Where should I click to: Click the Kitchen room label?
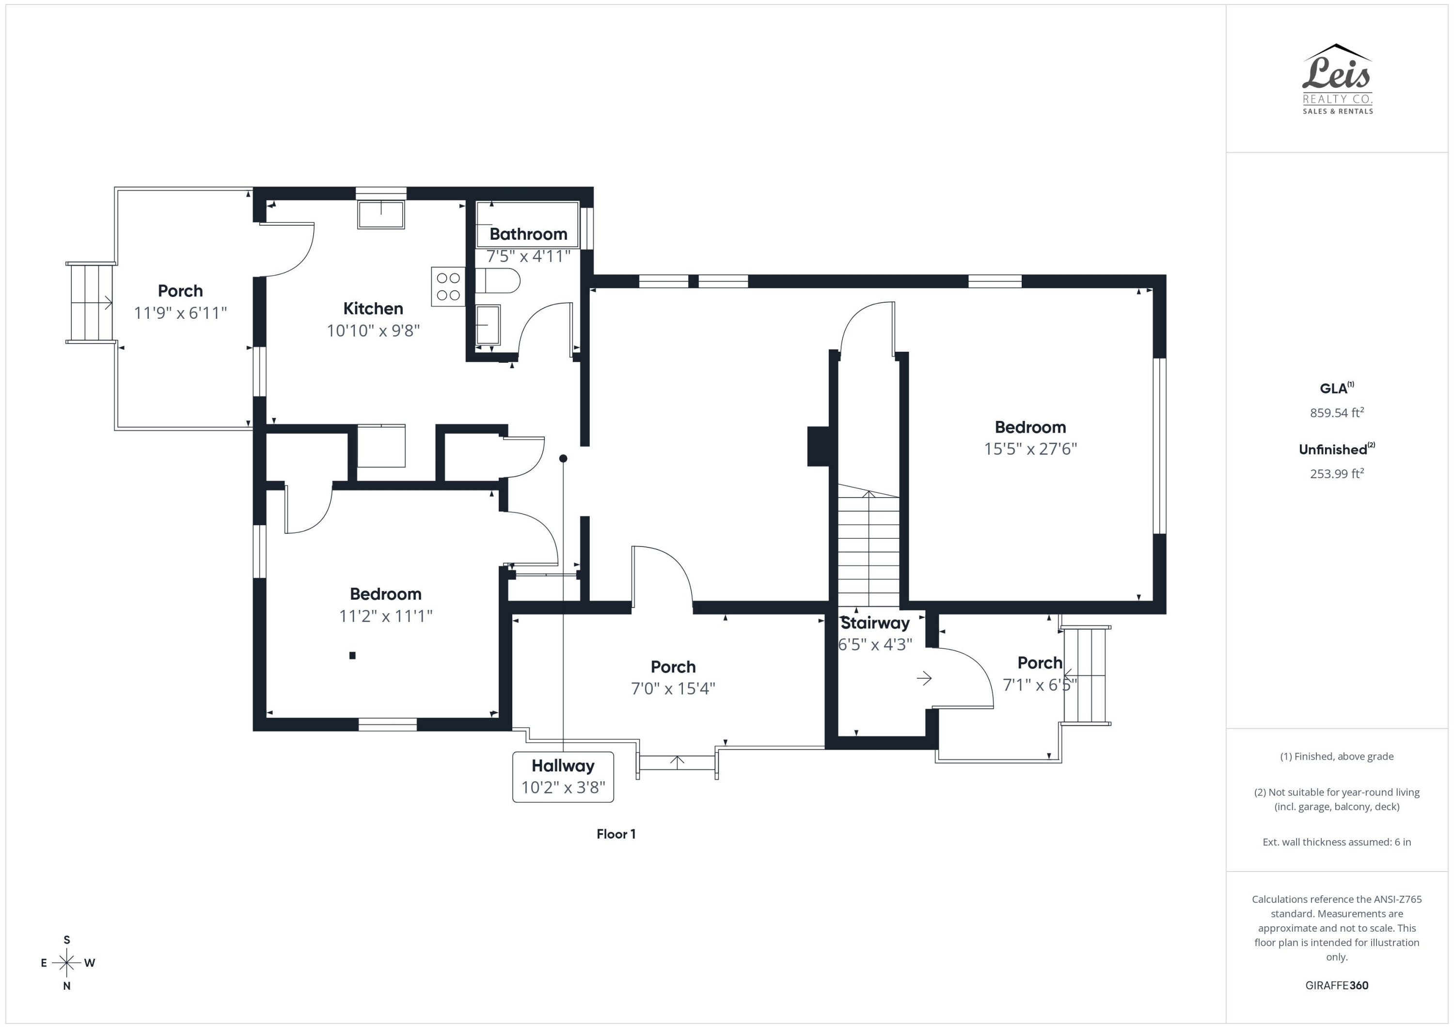click(x=373, y=309)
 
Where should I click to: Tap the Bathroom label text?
click(x=528, y=234)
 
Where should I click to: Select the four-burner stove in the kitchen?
click(x=448, y=287)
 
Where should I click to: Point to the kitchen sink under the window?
click(x=380, y=215)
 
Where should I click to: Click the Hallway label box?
click(x=563, y=777)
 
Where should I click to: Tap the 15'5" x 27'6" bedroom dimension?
click(x=1030, y=449)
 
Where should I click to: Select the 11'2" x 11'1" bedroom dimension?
click(x=386, y=616)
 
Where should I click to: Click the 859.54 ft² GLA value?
click(x=1337, y=413)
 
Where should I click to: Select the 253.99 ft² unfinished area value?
click(x=1337, y=473)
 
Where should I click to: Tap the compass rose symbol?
click(x=66, y=963)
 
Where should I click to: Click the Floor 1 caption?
click(x=616, y=834)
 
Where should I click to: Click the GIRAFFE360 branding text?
click(x=1337, y=985)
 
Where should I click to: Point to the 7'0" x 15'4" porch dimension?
click(x=673, y=689)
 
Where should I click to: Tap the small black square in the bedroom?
click(x=353, y=655)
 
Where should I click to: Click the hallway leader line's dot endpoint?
click(x=563, y=458)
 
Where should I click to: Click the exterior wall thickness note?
click(x=1337, y=842)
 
